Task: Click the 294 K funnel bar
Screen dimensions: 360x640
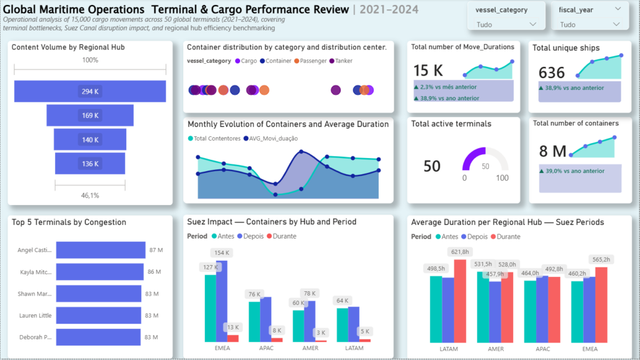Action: coord(90,91)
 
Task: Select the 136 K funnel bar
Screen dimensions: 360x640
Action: coord(90,164)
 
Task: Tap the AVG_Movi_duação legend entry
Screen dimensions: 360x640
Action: coord(271,138)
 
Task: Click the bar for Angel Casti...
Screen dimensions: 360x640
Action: coord(101,251)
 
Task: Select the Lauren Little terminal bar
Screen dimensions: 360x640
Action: coord(99,316)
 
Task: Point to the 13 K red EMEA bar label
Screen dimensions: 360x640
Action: coord(232,327)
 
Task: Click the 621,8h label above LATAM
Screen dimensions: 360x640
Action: coord(459,252)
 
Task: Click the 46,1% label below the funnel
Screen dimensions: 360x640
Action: coord(90,196)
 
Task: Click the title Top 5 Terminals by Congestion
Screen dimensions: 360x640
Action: coord(69,222)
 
